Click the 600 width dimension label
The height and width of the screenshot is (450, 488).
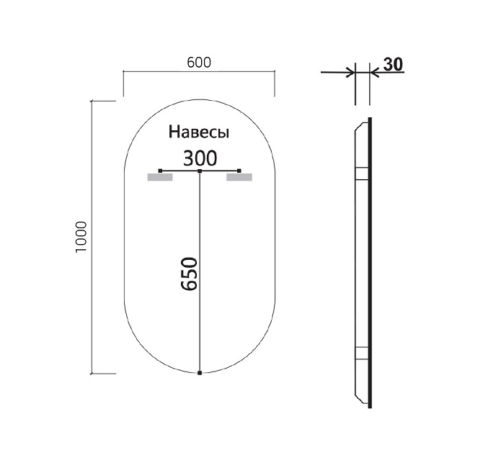click(199, 63)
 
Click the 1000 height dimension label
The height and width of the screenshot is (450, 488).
click(81, 237)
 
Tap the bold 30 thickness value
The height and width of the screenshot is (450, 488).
click(393, 64)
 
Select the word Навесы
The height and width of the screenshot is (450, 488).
click(199, 132)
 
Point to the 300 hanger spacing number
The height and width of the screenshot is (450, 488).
click(200, 158)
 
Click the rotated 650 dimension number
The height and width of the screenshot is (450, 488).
click(190, 274)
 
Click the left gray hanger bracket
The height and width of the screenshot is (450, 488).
click(160, 177)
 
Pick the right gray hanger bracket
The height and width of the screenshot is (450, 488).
click(239, 177)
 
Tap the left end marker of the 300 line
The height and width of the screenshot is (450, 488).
click(160, 171)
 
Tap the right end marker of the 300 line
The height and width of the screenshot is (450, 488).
click(239, 171)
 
